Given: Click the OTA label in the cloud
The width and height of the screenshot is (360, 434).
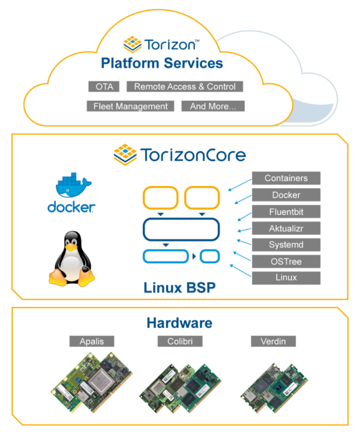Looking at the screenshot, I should pyautogui.click(x=104, y=86).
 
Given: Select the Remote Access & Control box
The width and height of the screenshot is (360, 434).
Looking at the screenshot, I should pyautogui.click(x=185, y=86).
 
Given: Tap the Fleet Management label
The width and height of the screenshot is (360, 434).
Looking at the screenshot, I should pyautogui.click(x=130, y=106).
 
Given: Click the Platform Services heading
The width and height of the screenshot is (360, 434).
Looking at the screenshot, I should pyautogui.click(x=162, y=63).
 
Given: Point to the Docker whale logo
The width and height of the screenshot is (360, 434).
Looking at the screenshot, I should pyautogui.click(x=71, y=193).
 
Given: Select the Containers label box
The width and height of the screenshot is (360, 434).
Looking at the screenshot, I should pyautogui.click(x=286, y=178).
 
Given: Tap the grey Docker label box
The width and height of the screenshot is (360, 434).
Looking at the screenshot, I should pyautogui.click(x=286, y=195).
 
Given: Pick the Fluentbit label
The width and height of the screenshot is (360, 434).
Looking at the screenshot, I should pyautogui.click(x=286, y=212).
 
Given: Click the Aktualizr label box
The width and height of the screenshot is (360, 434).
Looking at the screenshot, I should pyautogui.click(x=286, y=228).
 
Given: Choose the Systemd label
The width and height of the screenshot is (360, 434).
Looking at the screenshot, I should pyautogui.click(x=286, y=245).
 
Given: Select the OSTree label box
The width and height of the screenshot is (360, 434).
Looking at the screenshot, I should pyautogui.click(x=286, y=261).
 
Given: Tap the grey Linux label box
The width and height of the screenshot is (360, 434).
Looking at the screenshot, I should pyautogui.click(x=286, y=278).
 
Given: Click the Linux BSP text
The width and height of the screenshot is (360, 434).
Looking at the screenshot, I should pyautogui.click(x=179, y=288).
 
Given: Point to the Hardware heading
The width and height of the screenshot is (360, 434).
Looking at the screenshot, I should pyautogui.click(x=179, y=323).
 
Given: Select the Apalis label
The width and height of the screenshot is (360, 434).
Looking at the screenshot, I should pyautogui.click(x=91, y=341).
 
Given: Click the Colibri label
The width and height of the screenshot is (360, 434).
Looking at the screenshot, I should pyautogui.click(x=180, y=341).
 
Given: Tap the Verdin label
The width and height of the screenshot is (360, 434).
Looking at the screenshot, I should pyautogui.click(x=273, y=341).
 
